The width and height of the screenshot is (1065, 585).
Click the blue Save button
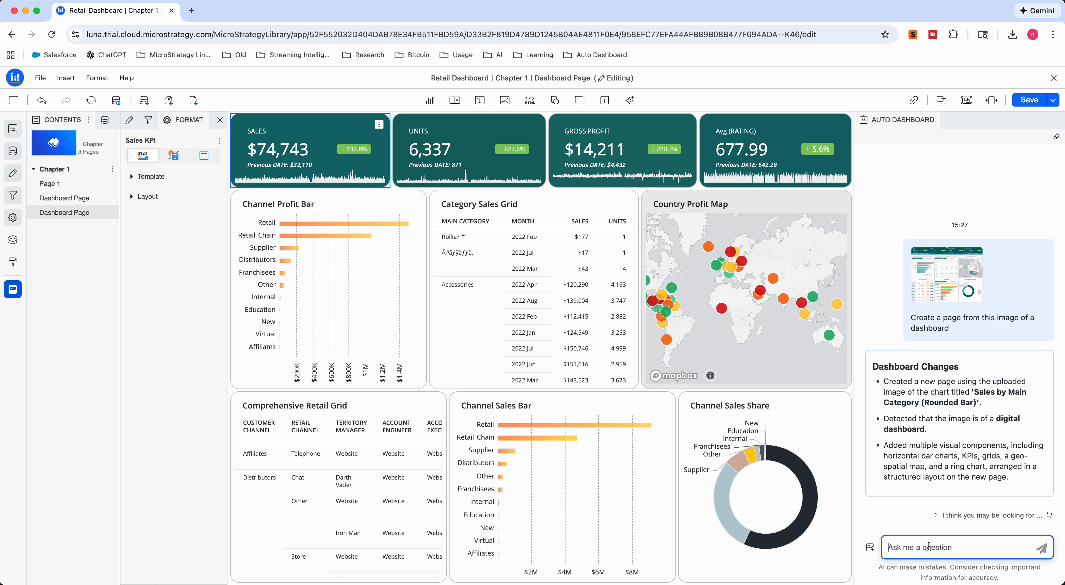click(1029, 100)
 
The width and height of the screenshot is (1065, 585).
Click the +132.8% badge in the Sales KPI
click(354, 149)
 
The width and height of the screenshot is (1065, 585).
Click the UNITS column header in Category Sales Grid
click(617, 221)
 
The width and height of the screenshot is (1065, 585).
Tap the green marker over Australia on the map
click(829, 335)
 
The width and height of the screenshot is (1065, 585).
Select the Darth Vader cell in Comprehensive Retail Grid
click(343, 481)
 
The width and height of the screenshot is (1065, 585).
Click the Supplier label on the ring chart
click(696, 470)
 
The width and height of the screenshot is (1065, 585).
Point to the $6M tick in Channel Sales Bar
click(597, 572)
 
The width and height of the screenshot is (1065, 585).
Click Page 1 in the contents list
click(50, 183)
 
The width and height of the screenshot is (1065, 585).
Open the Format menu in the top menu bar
click(97, 78)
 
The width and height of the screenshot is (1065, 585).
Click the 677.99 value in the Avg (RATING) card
click(741, 149)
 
